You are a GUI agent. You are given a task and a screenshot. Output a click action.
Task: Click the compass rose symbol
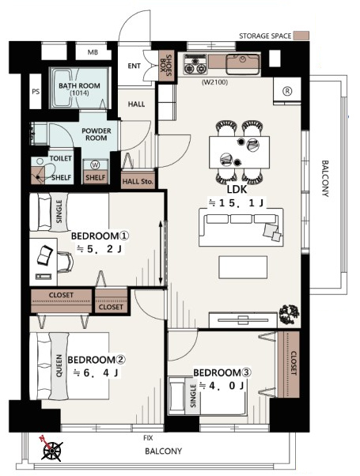pyautogui.click(x=51, y=450)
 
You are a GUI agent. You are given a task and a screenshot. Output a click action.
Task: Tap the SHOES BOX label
pyautogui.click(x=166, y=66)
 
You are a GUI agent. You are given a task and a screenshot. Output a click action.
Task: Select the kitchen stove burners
pyautogui.click(x=195, y=64)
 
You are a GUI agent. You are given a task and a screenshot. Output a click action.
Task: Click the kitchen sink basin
pyautogui.click(x=243, y=64)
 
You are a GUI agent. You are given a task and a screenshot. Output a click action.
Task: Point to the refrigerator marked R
pyautogui.click(x=287, y=91)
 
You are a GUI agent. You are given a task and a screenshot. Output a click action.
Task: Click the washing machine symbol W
pyautogui.click(x=96, y=164)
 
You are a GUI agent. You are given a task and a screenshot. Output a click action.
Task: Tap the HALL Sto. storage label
pyautogui.click(x=138, y=182)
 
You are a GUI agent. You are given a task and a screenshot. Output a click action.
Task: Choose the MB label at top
pyautogui.click(x=93, y=52)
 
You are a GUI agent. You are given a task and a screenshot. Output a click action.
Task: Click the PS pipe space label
pyautogui.click(x=36, y=91)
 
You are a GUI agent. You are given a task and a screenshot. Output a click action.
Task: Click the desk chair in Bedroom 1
pyautogui.click(x=66, y=262)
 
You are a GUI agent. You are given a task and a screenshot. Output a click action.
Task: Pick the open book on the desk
pyautogui.click(x=45, y=255)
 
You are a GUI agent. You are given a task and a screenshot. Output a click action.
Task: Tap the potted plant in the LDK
pyautogui.click(x=290, y=314)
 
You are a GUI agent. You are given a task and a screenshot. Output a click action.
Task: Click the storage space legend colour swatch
pyautogui.click(x=303, y=36)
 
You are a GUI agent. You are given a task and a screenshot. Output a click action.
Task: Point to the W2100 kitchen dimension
pyautogui.click(x=214, y=82)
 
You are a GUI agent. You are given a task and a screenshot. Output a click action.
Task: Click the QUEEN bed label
pyautogui.click(x=59, y=365)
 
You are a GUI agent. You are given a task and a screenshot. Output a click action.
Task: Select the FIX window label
pyautogui.click(x=148, y=438)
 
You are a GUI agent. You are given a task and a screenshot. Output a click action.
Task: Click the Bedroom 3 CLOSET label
pyautogui.click(x=294, y=363)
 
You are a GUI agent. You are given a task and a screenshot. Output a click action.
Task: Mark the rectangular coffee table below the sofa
pyautogui.click(x=243, y=267)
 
